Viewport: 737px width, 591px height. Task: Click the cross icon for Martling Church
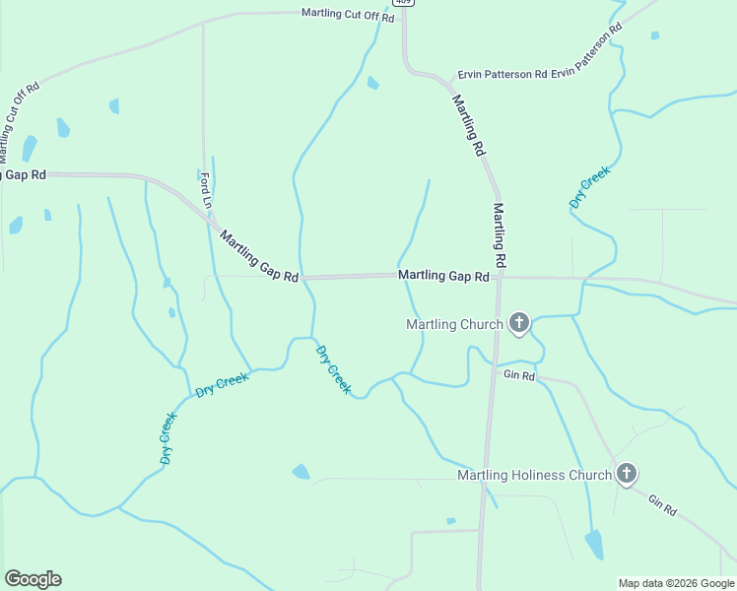(x=519, y=323)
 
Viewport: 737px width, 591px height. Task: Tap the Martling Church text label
(x=455, y=324)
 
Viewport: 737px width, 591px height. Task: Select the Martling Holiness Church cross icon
(x=626, y=475)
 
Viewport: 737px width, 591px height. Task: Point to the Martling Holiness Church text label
(x=534, y=476)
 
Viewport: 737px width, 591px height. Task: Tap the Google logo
(x=33, y=579)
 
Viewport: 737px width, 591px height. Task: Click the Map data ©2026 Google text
(x=676, y=583)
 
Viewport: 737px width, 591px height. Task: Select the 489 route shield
(x=408, y=3)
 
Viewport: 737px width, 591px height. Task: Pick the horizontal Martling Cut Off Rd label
(x=348, y=15)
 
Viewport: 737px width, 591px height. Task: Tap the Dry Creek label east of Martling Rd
(x=590, y=186)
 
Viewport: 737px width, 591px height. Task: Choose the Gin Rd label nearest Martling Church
(x=518, y=375)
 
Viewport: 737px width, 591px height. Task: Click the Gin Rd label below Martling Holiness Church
(x=662, y=506)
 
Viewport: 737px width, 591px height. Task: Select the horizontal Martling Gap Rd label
(x=443, y=277)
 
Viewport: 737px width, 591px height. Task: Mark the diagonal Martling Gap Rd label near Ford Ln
(x=259, y=257)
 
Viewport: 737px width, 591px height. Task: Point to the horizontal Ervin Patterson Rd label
(x=500, y=74)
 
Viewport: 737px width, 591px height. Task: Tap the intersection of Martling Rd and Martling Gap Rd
(x=500, y=278)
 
